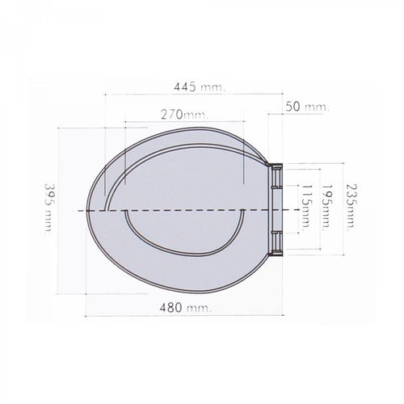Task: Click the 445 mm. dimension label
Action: click(x=199, y=87)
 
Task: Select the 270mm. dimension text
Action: click(x=185, y=115)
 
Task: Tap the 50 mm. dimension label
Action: click(x=307, y=107)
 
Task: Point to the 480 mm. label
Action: click(x=186, y=307)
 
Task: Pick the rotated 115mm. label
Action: click(x=307, y=206)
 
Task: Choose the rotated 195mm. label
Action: click(x=326, y=206)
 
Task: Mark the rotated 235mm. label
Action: click(x=351, y=207)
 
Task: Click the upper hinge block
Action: click(x=276, y=175)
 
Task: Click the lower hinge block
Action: click(x=276, y=243)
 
